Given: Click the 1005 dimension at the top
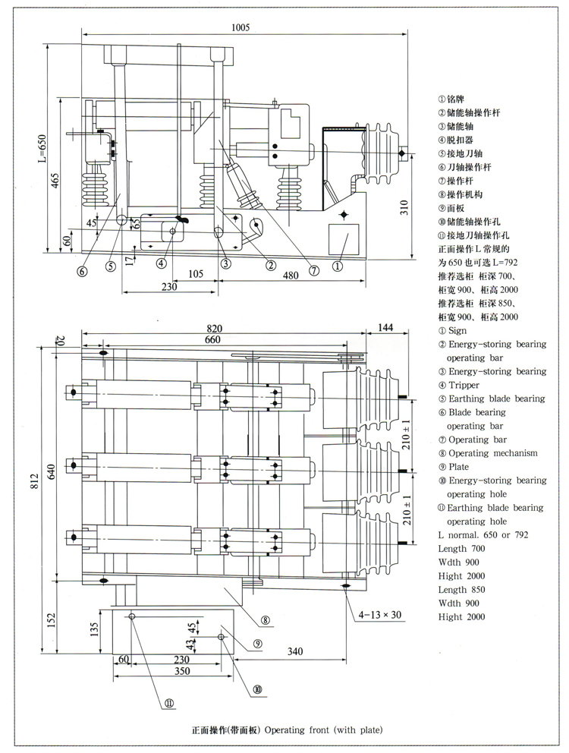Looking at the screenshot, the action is click(240, 27).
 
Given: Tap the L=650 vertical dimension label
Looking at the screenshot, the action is click(42, 148).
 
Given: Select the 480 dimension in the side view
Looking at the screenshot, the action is click(291, 276).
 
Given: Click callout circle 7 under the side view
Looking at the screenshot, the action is click(313, 271).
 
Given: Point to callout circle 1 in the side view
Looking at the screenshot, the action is click(338, 265).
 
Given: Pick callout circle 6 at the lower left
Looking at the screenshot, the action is click(83, 271).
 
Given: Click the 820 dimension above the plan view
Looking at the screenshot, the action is click(214, 329).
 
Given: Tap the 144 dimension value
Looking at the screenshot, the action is click(385, 327).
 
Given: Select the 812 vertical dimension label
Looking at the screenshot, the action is click(34, 483).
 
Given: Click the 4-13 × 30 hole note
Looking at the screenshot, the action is click(380, 615).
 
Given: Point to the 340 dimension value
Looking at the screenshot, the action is click(295, 651).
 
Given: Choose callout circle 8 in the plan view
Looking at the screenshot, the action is click(265, 620).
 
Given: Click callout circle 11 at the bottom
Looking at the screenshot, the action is click(169, 703).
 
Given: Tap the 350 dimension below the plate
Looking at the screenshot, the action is click(182, 671).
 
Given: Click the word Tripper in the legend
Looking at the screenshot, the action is click(464, 385).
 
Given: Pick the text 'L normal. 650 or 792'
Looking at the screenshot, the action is click(483, 535).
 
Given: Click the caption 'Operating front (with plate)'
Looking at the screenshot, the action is click(324, 730).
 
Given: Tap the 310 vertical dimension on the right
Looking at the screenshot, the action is click(404, 207).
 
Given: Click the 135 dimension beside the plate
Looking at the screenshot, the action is click(94, 629).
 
